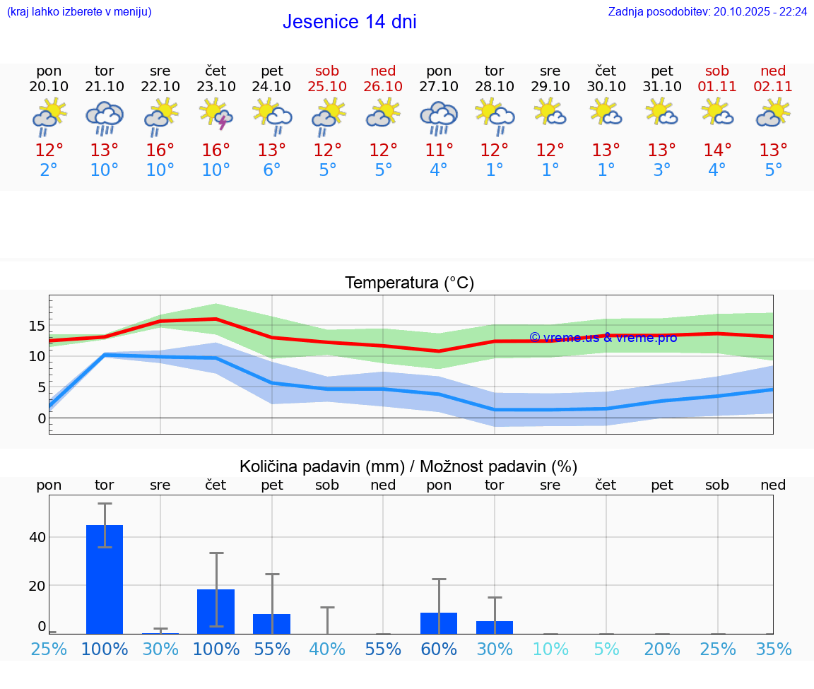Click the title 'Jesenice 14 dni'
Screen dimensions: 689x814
tap(349, 22)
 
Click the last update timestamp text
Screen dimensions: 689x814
tap(707, 11)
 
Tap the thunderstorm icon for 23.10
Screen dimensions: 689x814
tap(216, 114)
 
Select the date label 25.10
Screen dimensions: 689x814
tap(327, 86)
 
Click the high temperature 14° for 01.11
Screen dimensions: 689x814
tap(717, 151)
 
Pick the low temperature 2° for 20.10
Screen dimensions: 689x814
tap(49, 170)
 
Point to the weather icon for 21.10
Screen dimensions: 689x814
tap(105, 117)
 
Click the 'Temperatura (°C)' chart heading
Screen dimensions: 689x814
tap(409, 283)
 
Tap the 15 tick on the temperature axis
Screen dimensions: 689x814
tap(37, 326)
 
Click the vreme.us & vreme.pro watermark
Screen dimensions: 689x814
tap(603, 338)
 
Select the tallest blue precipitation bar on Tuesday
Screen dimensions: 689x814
tap(105, 579)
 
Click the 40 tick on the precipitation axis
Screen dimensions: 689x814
tap(37, 537)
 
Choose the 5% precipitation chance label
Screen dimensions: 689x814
tap(606, 649)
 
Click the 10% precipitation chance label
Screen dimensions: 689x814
tap(550, 649)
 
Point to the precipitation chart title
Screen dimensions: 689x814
tap(408, 466)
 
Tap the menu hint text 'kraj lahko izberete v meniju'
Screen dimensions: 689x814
tap(79, 11)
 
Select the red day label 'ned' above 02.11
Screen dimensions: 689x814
tap(773, 71)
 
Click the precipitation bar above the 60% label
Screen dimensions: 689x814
tap(439, 623)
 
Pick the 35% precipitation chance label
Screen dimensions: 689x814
tap(773, 649)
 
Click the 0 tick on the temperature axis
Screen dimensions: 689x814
tap(42, 418)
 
